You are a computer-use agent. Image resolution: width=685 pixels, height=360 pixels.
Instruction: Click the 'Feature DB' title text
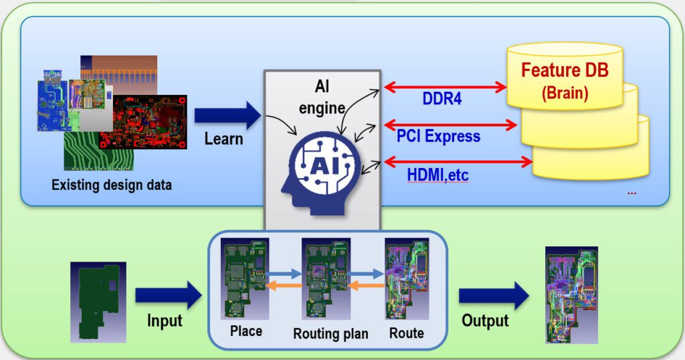point(565,70)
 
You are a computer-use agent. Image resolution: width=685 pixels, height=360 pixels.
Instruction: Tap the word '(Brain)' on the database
point(565,92)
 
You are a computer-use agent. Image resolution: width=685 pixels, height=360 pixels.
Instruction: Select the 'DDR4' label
point(442,100)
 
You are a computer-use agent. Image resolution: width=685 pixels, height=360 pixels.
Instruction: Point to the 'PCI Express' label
point(439,137)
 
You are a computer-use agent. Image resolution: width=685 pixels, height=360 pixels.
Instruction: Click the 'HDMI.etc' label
point(438,175)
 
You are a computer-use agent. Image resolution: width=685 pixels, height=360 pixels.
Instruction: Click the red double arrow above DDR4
point(444,87)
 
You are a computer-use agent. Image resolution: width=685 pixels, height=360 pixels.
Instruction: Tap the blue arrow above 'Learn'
point(227,115)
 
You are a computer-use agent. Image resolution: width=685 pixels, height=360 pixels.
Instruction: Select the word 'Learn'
point(224,139)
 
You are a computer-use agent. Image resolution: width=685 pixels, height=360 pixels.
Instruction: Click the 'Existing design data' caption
point(112,185)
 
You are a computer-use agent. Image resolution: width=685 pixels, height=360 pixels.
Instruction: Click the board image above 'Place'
point(246,279)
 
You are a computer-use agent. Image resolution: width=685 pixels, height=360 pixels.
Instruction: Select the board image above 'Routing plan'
point(324,279)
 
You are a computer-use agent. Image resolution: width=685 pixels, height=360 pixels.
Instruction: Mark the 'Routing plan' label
point(330,333)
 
